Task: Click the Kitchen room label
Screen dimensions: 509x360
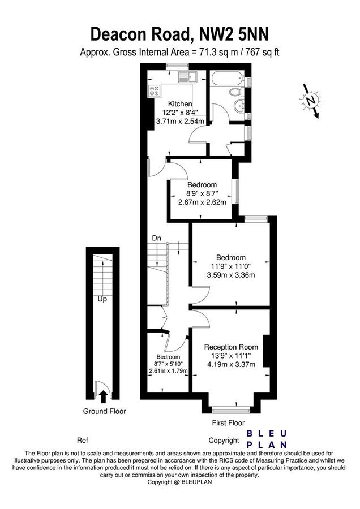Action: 180,104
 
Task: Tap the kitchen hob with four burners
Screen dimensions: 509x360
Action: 154,90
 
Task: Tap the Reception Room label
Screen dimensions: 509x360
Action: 231,347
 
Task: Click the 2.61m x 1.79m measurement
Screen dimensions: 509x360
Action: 168,371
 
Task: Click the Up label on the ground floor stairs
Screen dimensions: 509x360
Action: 102,299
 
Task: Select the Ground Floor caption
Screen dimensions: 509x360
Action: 105,411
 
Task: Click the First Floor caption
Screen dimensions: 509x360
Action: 228,422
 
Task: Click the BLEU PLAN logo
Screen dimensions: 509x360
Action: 266,439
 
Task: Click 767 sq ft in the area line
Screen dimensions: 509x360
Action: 261,53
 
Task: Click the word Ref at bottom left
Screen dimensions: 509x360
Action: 83,439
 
